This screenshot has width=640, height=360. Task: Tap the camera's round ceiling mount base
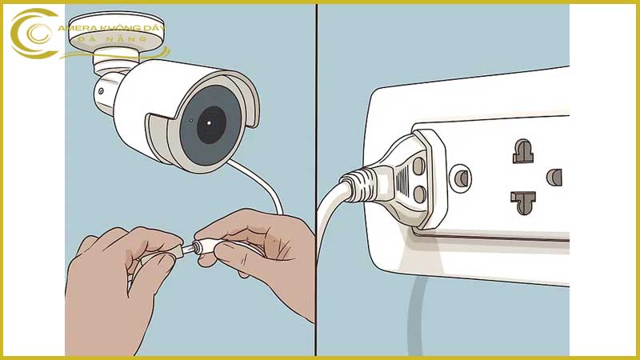tap(116, 30)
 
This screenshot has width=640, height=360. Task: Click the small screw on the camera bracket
tap(101, 91)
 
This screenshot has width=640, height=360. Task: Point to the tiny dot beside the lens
tap(191, 121)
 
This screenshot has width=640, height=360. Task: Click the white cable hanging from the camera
tap(261, 184)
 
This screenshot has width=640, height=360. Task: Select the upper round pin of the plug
tap(418, 166)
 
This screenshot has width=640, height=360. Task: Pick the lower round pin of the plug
tap(419, 194)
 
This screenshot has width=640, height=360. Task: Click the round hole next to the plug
tap(461, 178)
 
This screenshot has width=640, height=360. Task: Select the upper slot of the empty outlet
tap(523, 151)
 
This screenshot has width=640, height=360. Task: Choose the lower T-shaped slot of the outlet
tap(523, 202)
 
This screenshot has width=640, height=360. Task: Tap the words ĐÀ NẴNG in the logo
tap(112, 39)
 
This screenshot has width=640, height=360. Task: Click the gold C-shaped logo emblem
tap(35, 34)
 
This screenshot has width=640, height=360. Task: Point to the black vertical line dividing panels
tap(316, 179)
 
